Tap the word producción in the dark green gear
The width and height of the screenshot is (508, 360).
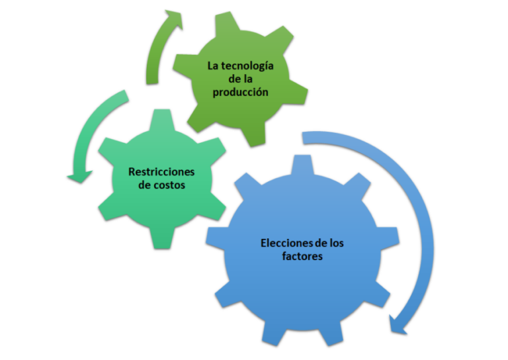[x=240, y=93]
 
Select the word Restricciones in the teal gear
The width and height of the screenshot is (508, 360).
[x=161, y=171]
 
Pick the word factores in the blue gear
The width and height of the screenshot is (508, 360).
[x=302, y=256]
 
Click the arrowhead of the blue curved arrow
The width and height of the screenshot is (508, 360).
[x=397, y=325]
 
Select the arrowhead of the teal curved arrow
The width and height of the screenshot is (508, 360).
[x=79, y=177]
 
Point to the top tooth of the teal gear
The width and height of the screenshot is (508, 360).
[x=162, y=119]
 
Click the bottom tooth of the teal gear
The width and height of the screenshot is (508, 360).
[x=162, y=238]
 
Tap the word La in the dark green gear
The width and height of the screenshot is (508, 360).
[x=213, y=66]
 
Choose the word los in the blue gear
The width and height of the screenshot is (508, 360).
[x=337, y=243]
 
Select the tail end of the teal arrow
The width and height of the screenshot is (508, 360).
[x=126, y=95]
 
